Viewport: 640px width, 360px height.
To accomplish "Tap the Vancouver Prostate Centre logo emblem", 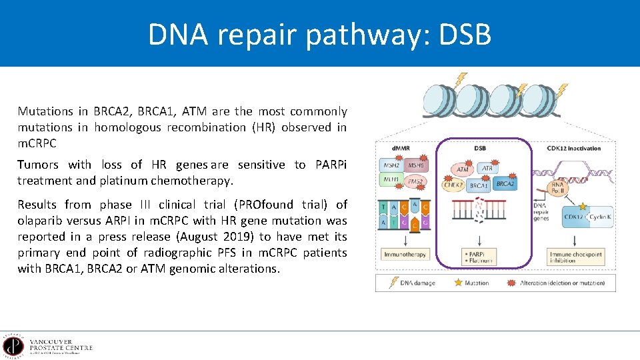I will [x=13, y=346].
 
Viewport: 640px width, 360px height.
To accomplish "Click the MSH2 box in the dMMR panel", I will [x=390, y=165].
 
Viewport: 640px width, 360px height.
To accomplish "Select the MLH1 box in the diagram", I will [x=390, y=179].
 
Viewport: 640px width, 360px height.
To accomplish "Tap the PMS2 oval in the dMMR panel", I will [x=416, y=181].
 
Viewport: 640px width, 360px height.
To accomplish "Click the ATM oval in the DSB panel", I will [x=461, y=170].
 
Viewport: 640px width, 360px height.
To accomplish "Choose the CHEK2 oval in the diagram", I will [x=455, y=185].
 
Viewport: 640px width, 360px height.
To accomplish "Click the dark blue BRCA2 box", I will [x=505, y=183].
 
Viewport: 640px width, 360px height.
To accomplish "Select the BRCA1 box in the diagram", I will [x=479, y=186].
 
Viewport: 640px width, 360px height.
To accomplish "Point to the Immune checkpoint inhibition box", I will [x=577, y=257].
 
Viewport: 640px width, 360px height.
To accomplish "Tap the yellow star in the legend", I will [x=457, y=283].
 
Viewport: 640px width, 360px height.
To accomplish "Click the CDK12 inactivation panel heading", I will [x=573, y=148].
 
